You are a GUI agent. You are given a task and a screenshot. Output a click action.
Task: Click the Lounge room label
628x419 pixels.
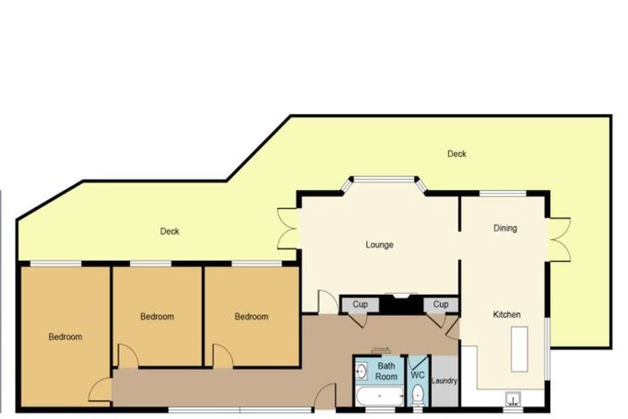379,245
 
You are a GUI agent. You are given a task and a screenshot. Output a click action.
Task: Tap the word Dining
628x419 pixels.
505,228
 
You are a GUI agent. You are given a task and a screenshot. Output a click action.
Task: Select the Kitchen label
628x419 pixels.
507,314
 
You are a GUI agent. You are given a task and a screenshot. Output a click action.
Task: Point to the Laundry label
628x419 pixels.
444,381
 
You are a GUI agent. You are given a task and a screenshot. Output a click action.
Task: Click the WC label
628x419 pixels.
417,376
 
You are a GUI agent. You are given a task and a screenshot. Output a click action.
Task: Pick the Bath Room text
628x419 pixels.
386,372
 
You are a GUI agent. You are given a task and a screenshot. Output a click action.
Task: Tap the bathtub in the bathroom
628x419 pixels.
379,396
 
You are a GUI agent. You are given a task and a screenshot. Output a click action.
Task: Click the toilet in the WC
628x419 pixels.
417,394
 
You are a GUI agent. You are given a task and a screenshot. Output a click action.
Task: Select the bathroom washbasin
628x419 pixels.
361,371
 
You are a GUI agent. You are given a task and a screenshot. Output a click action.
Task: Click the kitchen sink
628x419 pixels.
513,399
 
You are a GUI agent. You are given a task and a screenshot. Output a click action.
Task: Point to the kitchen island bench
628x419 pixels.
519,349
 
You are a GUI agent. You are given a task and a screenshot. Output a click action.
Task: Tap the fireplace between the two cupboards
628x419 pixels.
401,304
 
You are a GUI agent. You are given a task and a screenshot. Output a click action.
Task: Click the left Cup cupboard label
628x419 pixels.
360,304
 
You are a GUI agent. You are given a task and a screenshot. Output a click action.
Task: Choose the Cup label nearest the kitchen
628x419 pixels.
441,304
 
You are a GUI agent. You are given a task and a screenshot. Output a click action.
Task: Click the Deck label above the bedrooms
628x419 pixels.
169,232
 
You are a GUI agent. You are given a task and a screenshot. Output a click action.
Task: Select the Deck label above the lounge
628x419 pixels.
456,154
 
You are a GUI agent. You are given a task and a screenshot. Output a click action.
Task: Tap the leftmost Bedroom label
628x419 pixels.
65,337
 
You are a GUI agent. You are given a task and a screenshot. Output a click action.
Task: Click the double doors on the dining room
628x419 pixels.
558,239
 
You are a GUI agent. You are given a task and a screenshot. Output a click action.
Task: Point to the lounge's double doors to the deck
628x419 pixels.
289,228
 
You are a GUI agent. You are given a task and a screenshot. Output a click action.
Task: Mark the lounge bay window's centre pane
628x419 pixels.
384,180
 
